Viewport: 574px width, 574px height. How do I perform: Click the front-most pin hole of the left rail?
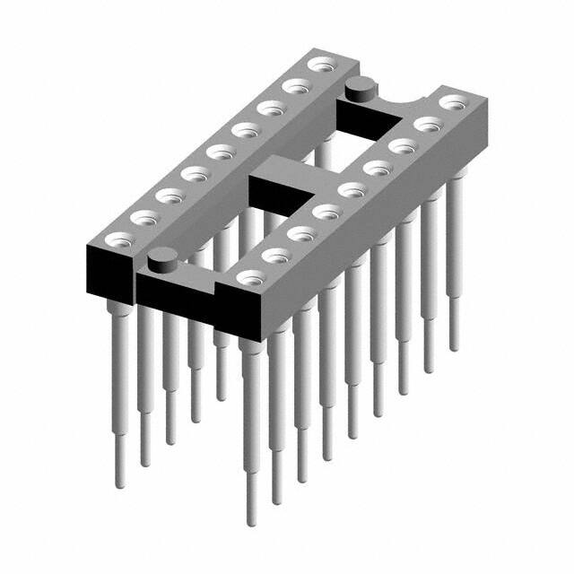[117, 239]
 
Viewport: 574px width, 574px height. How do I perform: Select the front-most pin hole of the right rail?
[246, 276]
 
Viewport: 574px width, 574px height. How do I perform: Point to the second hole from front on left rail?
[143, 216]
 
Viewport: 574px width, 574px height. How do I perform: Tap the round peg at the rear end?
[359, 88]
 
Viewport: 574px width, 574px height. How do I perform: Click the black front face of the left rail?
[108, 274]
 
